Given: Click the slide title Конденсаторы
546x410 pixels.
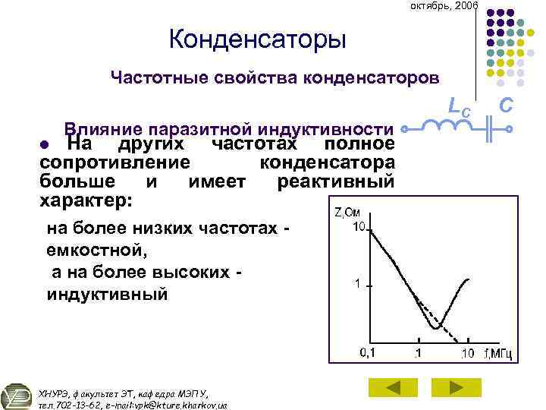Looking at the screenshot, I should pos(257,39).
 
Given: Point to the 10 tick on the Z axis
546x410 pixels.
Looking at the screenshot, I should pos(359,227).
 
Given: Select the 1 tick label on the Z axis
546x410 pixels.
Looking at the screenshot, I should pos(355,284).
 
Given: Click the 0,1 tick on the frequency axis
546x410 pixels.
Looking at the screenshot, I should pos(368,352).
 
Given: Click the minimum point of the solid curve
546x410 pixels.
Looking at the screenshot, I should pos(435,327).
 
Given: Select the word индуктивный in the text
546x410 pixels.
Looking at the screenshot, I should pos(107,294).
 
